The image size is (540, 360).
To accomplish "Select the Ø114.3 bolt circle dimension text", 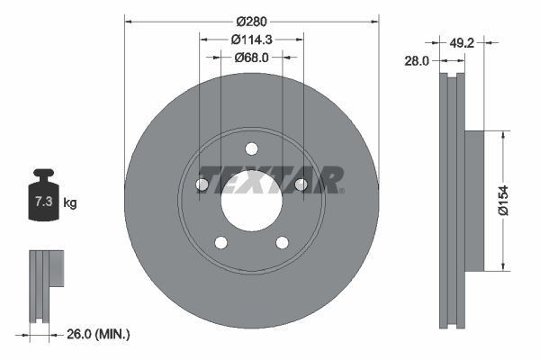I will coord(251,39).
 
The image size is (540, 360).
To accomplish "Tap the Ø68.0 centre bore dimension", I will coord(251,57).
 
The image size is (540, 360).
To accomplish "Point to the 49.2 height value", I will coord(462,41).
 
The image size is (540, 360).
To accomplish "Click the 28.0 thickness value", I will coord(417,60).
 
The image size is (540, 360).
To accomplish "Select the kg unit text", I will coord(70,203).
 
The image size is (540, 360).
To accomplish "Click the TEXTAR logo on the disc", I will coord(270,179).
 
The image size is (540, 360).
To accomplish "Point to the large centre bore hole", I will coord(251,201).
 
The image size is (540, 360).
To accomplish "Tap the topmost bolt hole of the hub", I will coord(251,148).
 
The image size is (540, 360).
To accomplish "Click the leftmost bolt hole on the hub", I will coord(202,184).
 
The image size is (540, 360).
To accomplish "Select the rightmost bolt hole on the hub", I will coord(301,184).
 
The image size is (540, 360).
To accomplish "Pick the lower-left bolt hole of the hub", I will coord(220,242).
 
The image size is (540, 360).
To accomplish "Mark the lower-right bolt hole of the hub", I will coord(282,242).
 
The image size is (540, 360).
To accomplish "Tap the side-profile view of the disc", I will coord(454,200).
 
